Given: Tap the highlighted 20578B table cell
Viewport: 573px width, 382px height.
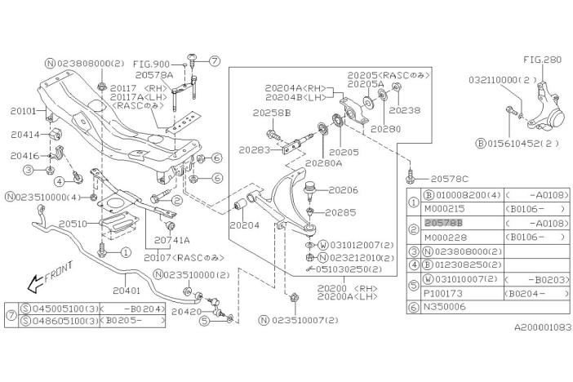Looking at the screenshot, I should pyautogui.click(x=445, y=221).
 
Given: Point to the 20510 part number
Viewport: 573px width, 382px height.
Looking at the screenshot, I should pyautogui.click(x=73, y=222).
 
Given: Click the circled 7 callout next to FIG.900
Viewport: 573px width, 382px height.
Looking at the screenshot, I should pyautogui.click(x=215, y=60).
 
